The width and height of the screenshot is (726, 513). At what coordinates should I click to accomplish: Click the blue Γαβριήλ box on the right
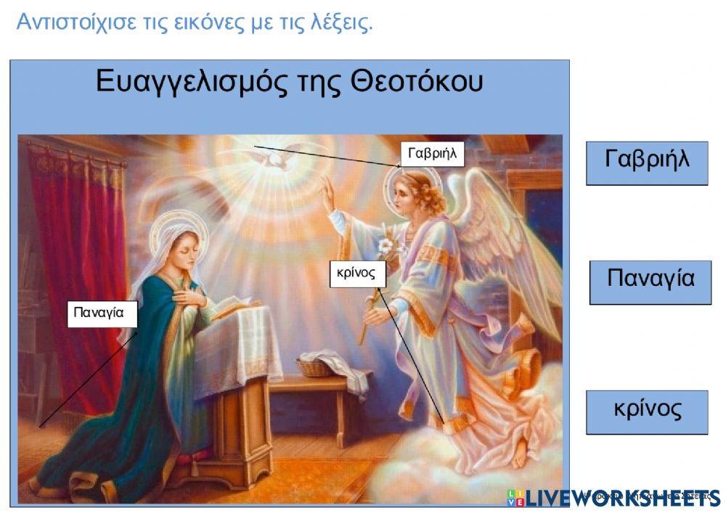click(x=646, y=163)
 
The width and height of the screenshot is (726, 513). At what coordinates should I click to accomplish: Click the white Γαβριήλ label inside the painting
click(x=432, y=154)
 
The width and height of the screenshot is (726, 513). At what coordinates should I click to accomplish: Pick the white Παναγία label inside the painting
click(x=102, y=313)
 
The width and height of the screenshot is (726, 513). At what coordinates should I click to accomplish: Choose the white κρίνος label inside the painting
click(x=356, y=274)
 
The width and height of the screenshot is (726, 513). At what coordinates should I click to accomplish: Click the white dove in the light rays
click(x=276, y=157)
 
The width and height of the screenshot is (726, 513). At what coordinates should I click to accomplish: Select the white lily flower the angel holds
click(x=384, y=244)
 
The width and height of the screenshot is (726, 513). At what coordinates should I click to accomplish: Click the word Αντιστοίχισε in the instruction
click(x=73, y=22)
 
